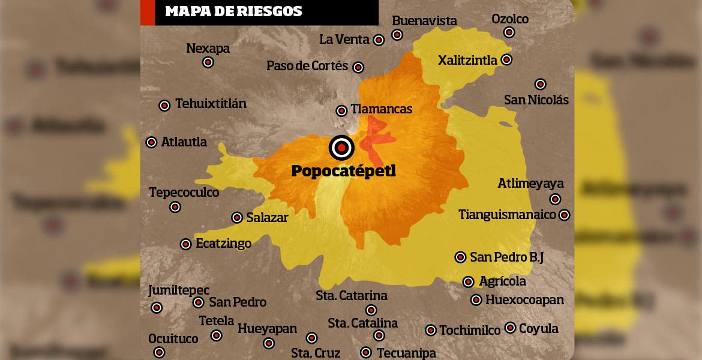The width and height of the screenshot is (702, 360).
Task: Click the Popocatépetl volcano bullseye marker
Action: [x=341, y=147]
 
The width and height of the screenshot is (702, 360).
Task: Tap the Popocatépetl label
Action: [x=343, y=171]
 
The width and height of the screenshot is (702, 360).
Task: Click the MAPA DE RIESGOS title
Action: [x=233, y=11]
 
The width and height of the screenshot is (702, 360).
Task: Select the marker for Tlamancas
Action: [x=341, y=110]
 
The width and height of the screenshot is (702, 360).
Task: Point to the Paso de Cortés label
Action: [x=307, y=66]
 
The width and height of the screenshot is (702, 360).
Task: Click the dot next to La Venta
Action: [x=379, y=40]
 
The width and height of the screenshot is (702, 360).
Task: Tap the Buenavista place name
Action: [x=424, y=21]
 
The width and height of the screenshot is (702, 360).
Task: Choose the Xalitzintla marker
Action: [x=506, y=59]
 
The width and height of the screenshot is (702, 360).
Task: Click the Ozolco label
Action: [x=510, y=19]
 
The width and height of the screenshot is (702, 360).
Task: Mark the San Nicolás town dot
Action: [x=540, y=84]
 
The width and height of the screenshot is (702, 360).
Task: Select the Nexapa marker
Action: [x=208, y=62]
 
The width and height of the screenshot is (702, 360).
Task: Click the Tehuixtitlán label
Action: [x=211, y=104]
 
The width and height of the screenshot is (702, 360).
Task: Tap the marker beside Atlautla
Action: [x=152, y=142]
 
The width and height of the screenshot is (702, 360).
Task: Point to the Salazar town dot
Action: [x=237, y=218]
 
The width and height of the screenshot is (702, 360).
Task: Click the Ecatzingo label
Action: [x=223, y=244]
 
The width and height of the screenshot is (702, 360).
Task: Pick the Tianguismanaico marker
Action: [x=564, y=215]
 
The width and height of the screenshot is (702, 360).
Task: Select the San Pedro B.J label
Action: [x=506, y=257]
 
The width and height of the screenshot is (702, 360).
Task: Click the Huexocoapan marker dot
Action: [x=476, y=299]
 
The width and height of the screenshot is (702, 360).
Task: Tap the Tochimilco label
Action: [x=470, y=330]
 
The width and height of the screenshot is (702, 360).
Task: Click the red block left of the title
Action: [x=148, y=12]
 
